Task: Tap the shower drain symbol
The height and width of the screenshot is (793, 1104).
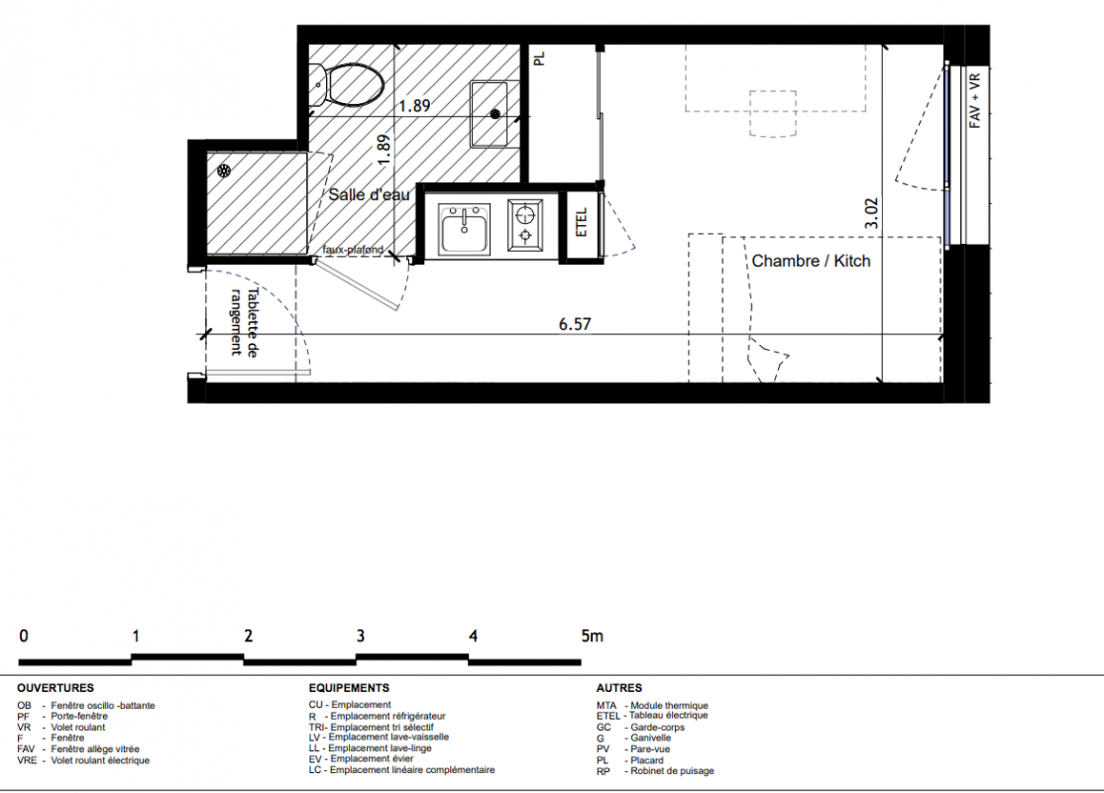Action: pyautogui.click(x=224, y=170)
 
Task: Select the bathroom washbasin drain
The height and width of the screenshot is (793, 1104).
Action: pyautogui.click(x=496, y=113)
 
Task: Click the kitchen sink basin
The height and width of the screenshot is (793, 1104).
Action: pyautogui.click(x=464, y=230)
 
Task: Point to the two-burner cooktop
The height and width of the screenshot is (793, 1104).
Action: pyautogui.click(x=525, y=224)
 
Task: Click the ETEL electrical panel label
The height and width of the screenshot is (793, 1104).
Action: pyautogui.click(x=582, y=222)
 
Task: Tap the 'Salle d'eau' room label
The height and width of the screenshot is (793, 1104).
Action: pyautogui.click(x=369, y=194)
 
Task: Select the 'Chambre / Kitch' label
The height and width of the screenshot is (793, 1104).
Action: pyautogui.click(x=811, y=262)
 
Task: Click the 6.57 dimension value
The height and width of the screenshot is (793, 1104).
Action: pyautogui.click(x=575, y=324)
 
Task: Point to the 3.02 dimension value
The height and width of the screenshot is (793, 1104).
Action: pyautogui.click(x=871, y=213)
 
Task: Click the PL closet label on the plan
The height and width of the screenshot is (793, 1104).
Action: pyautogui.click(x=540, y=57)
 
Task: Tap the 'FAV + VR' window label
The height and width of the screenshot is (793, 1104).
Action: pyautogui.click(x=974, y=101)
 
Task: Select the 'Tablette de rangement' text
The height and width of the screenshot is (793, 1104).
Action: pyautogui.click(x=245, y=322)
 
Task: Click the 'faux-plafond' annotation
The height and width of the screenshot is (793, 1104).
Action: pyautogui.click(x=354, y=250)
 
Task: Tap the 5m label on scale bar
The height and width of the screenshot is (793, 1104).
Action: pyautogui.click(x=592, y=636)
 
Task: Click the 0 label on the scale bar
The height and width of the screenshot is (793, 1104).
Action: pyautogui.click(x=24, y=636)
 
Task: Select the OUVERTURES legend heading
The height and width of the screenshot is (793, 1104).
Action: pyautogui.click(x=55, y=688)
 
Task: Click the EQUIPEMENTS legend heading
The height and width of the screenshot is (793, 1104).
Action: pyautogui.click(x=349, y=688)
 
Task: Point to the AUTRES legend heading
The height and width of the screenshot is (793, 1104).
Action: pyautogui.click(x=618, y=688)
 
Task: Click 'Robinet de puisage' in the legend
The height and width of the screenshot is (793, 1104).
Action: pyautogui.click(x=672, y=771)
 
